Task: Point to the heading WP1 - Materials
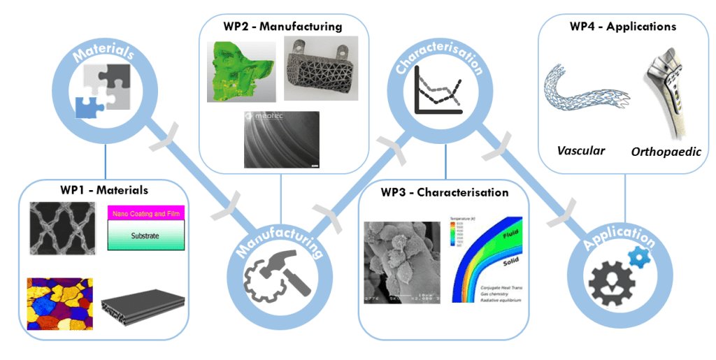pyautogui.click(x=103, y=189)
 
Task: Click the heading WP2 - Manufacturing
pyautogui.click(x=284, y=27)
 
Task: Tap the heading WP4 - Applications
pyautogui.click(x=622, y=27)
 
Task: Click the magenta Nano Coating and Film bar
pyautogui.click(x=145, y=212)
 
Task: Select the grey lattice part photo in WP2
pyautogui.click(x=322, y=69)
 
